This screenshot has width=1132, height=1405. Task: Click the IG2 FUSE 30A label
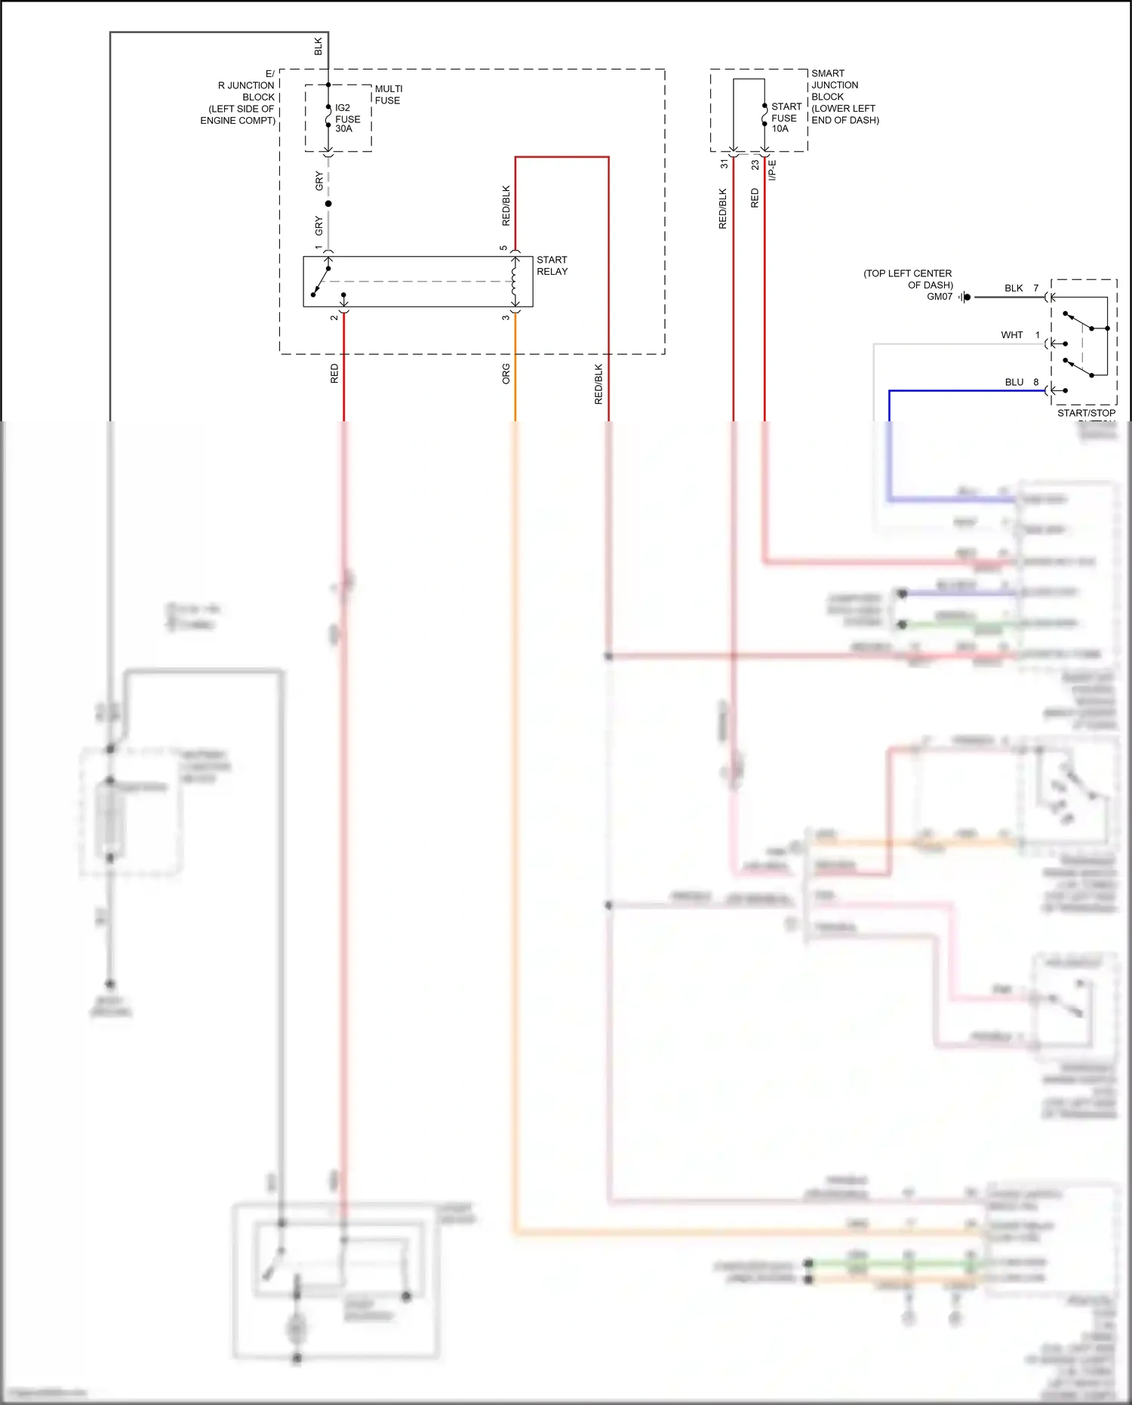347,119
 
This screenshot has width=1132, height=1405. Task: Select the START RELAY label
552,266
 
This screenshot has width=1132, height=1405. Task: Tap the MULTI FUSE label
388,94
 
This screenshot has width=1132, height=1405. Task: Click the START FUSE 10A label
786,118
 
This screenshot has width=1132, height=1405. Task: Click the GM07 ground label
940,297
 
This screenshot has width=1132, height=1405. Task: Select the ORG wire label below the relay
506,374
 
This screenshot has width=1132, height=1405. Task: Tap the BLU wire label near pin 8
1014,382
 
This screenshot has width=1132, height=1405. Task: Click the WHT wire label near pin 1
1011,335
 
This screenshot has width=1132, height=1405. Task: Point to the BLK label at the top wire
318,47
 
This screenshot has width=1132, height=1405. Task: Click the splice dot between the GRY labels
328,204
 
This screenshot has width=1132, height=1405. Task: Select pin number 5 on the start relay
503,248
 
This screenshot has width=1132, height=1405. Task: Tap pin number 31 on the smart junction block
724,164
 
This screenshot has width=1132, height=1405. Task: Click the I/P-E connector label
772,170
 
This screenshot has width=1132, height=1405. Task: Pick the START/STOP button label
1086,413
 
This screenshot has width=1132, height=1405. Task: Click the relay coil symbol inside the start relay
515,281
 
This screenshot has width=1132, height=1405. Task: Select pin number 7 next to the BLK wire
1036,288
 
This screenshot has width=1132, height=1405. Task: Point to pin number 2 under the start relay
334,318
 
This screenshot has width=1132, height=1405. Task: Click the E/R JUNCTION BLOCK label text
245,97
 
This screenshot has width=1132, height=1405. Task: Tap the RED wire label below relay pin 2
334,374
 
